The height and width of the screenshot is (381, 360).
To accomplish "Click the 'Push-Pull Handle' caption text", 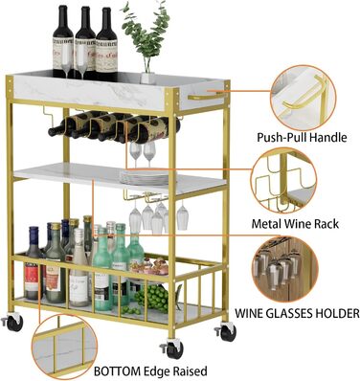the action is click(x=302, y=137).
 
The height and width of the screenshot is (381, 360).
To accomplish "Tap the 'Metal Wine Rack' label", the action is click(x=295, y=224).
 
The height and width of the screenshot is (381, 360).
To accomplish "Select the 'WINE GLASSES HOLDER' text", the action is click(x=297, y=313).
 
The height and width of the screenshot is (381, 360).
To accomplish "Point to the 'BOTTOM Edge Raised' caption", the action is click(x=150, y=371).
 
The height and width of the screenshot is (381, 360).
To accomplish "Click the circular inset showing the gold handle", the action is click(x=303, y=98).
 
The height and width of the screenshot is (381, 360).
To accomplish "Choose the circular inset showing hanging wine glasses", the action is click(x=285, y=269).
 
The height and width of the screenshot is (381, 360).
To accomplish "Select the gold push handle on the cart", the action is click(x=207, y=95).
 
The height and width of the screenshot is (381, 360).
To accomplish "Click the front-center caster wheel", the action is click(x=173, y=349).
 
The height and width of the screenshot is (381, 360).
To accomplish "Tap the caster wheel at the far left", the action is click(x=13, y=323).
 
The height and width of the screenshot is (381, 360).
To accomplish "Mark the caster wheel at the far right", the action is click(x=226, y=332).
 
